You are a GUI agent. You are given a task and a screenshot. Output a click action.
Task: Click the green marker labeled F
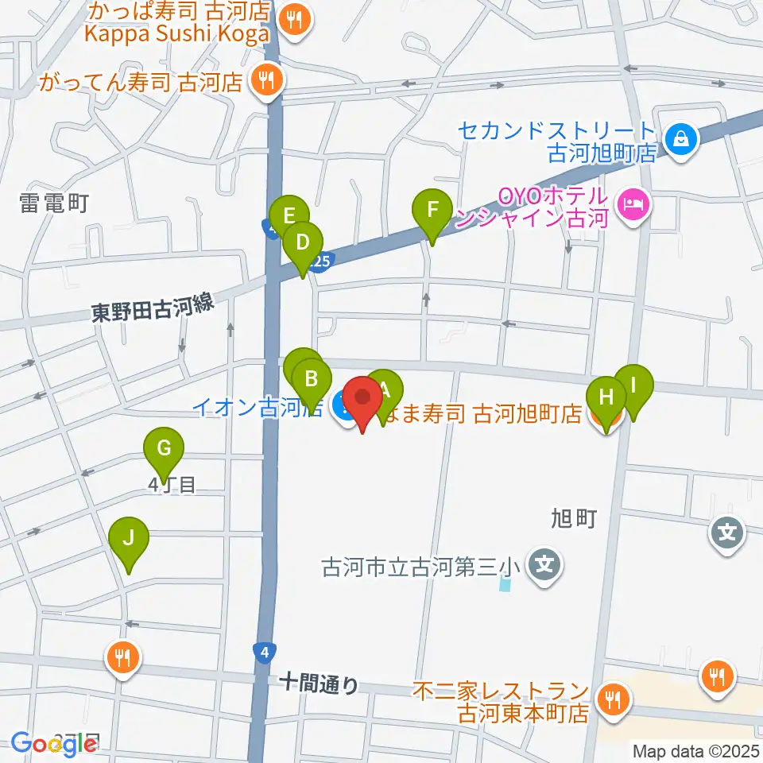[432, 212]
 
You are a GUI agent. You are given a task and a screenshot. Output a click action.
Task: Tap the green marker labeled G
[164, 449]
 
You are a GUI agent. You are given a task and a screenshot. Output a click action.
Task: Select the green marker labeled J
[130, 538]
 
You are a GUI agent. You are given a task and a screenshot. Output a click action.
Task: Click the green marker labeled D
[302, 242]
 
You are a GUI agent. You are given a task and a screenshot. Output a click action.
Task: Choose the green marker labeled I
[634, 385]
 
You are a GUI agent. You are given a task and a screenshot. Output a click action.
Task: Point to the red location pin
[364, 398]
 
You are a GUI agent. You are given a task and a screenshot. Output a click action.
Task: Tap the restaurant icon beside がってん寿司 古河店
[264, 79]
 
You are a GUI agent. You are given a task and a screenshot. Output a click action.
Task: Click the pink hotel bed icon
[633, 205]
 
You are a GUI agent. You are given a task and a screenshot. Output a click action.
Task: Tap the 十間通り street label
[319, 683]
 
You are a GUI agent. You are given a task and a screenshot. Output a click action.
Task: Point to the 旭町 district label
[573, 519]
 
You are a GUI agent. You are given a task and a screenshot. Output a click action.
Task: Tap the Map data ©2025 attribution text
[695, 749]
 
